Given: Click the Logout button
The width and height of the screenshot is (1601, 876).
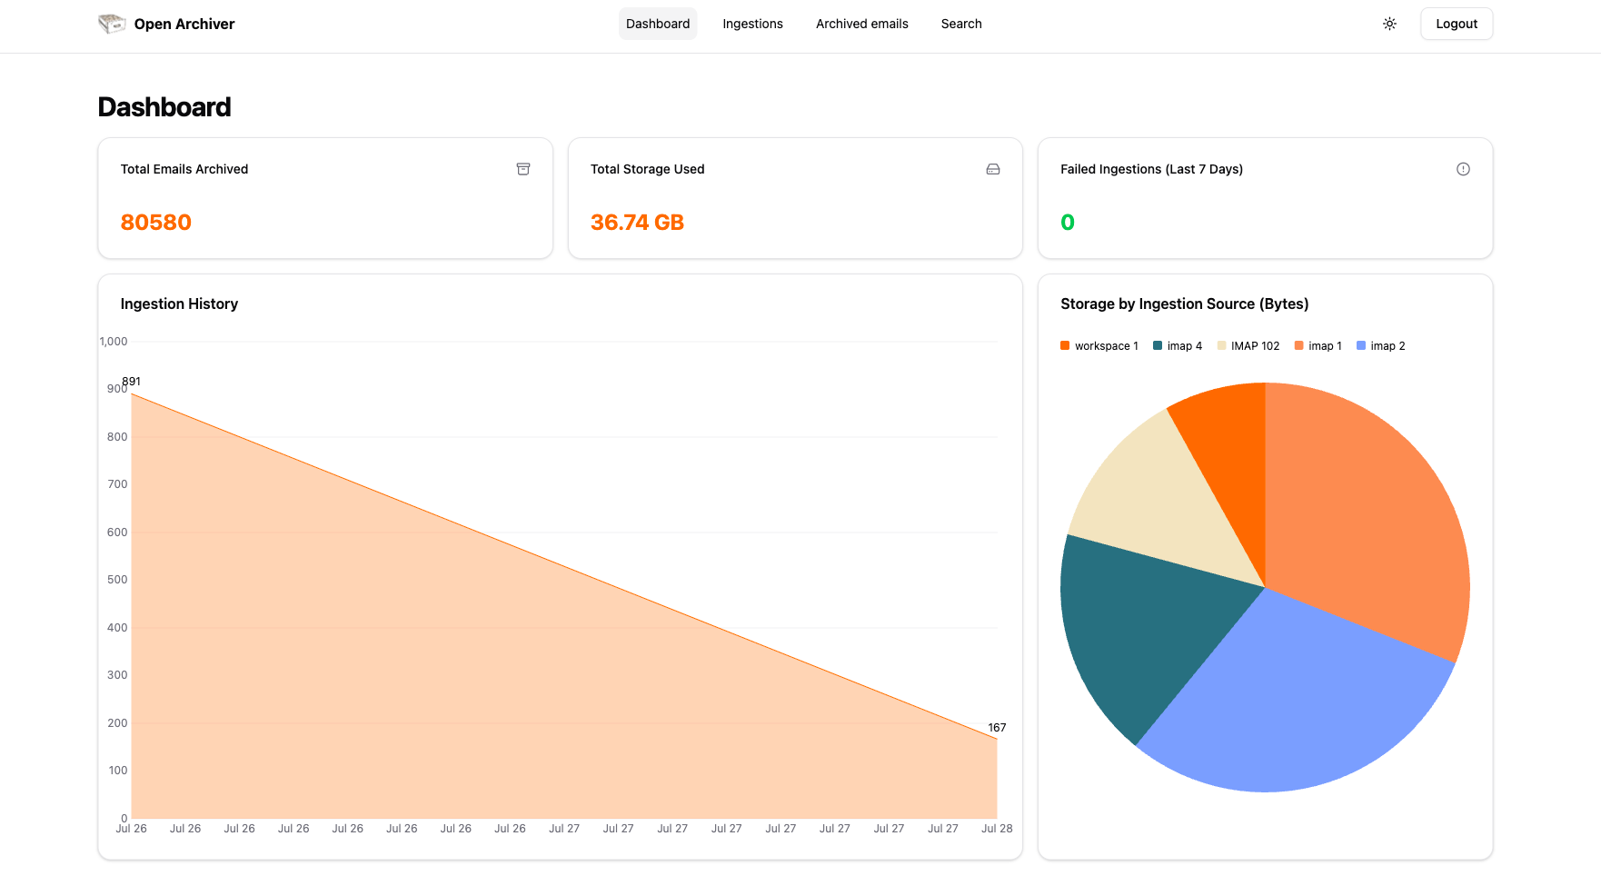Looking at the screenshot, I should tap(1456, 24).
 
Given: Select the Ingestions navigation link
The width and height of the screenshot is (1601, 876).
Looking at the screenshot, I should tap(752, 24).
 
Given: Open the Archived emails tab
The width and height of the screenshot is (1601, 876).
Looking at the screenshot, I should tap(861, 24).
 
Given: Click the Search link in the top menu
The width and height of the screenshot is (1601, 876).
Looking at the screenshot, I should tap(960, 24).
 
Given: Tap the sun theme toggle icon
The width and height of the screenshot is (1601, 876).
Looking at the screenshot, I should tap(1389, 24).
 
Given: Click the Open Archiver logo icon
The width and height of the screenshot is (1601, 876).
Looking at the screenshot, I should tap(112, 24).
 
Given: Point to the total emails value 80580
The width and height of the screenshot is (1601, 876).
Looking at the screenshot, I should tap(155, 223).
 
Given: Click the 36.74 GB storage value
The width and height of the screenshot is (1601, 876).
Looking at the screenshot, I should tap(636, 223).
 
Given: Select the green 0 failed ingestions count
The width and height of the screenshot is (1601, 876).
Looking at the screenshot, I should tap(1067, 223).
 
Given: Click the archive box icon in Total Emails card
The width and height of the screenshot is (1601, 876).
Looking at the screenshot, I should tap(523, 169).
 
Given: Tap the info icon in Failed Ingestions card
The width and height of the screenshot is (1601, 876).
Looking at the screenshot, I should tap(1463, 169).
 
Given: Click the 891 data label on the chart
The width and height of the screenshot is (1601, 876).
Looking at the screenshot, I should tap(132, 382).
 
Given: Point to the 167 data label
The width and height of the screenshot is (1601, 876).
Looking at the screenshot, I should tap(997, 728).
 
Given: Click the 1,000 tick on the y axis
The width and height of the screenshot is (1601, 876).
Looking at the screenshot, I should tap(114, 342).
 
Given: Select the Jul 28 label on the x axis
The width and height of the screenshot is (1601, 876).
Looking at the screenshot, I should tap(996, 829).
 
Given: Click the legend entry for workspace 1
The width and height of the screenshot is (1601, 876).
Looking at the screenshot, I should tap(1099, 346).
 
